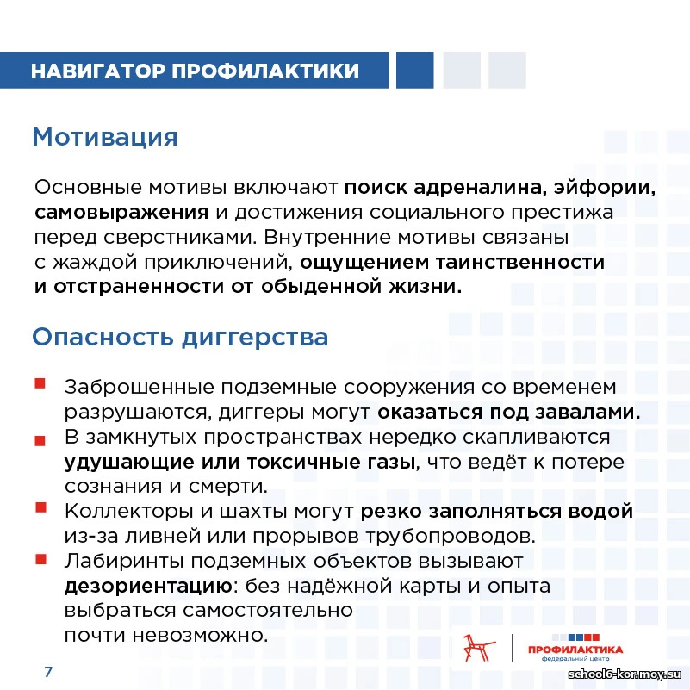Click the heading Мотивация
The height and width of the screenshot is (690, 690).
[x=104, y=137]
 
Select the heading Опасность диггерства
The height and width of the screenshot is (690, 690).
[x=180, y=337]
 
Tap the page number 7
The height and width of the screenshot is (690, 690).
[x=48, y=671]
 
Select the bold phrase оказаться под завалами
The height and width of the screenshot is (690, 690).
[x=508, y=411]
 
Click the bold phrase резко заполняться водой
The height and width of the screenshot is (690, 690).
[x=497, y=511]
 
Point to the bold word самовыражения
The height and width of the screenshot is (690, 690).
[x=121, y=211]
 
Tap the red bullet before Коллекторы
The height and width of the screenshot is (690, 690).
[x=40, y=508]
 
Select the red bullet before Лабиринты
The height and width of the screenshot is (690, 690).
[x=40, y=560]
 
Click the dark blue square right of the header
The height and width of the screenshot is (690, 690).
[x=414, y=71]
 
